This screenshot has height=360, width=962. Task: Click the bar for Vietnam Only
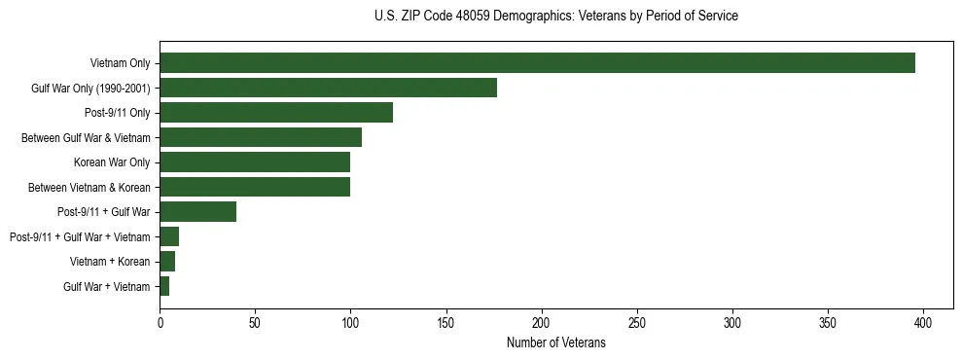point(537,63)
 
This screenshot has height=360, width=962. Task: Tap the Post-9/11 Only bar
point(276,113)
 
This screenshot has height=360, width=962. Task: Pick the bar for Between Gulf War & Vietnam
point(261,137)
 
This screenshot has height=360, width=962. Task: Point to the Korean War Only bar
point(255,162)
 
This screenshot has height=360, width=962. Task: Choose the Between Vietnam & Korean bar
point(255,187)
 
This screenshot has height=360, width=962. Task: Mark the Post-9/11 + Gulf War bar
point(197,212)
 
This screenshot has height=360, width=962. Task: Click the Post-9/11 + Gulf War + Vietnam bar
point(169,236)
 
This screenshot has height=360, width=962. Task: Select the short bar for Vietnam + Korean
point(167,262)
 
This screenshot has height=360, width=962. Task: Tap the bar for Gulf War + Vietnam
point(164,286)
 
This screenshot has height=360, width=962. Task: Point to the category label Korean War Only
point(112,162)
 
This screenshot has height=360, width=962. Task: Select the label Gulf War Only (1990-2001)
point(90,89)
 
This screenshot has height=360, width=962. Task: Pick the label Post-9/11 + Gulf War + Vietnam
point(80,236)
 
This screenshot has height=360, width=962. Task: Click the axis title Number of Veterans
point(555,342)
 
